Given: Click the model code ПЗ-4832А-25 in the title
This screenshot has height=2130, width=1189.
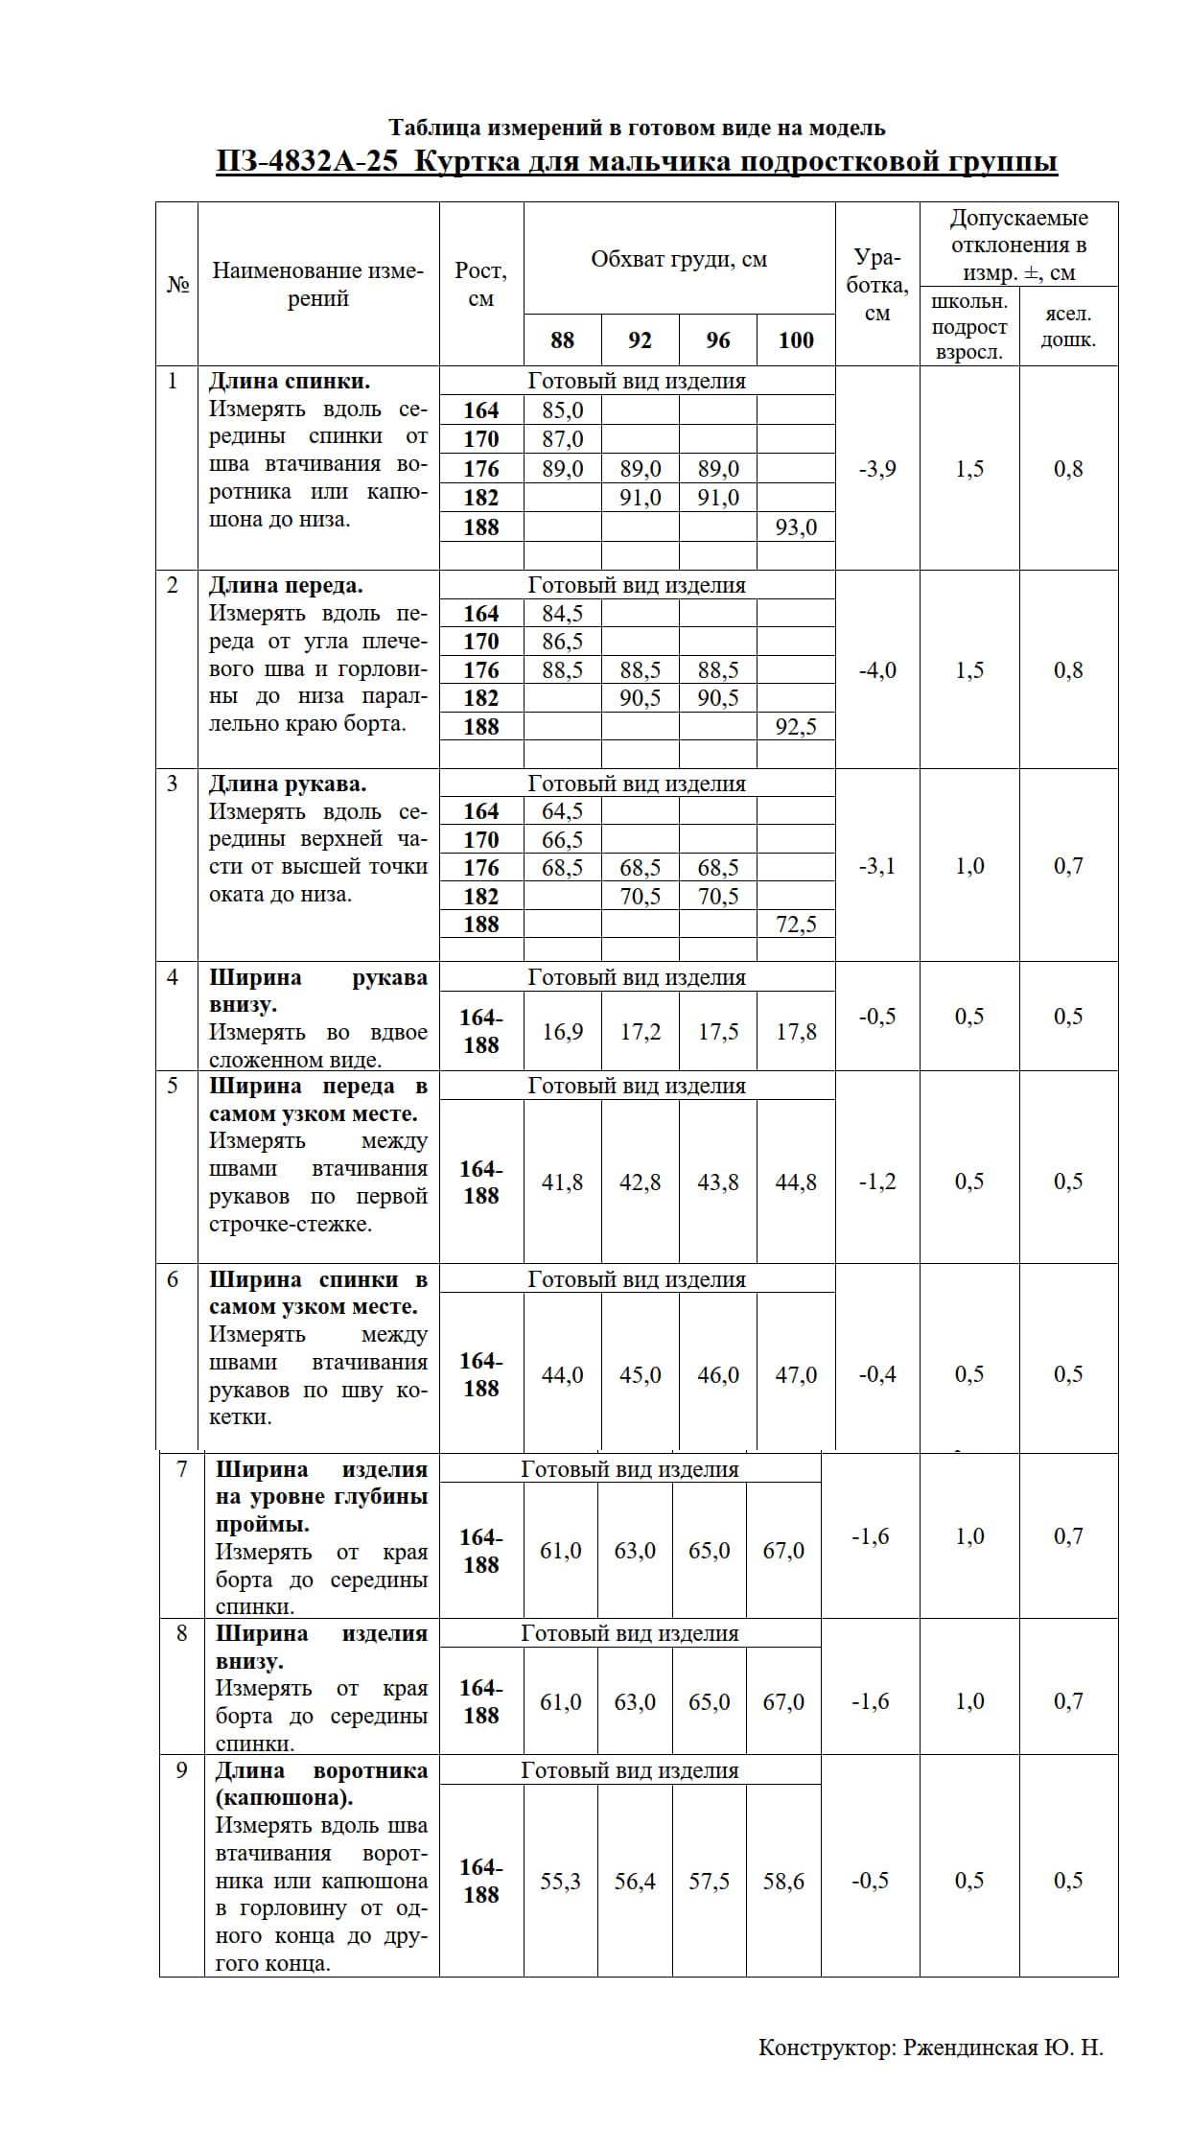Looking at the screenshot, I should tap(307, 161).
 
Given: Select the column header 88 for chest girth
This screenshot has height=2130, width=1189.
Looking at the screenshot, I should tap(562, 340).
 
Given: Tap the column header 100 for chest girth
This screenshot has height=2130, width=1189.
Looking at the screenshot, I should tap(796, 340).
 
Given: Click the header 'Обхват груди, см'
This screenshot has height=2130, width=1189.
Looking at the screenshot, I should tap(679, 260).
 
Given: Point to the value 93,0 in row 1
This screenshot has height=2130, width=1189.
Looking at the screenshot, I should tap(796, 527).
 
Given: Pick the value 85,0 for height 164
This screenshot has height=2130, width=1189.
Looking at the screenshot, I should tap(562, 410).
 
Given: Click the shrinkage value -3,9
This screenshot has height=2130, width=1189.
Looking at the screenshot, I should tap(877, 469).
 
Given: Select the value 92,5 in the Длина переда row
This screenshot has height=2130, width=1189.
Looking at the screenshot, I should tap(796, 727).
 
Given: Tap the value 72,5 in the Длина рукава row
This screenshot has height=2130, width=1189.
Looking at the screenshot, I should tap(796, 925).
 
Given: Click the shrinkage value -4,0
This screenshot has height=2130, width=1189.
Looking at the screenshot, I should tap(877, 670).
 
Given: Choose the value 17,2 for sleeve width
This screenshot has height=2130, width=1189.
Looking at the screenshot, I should tap(640, 1032).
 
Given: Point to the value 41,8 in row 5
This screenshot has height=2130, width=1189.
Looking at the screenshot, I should tap(562, 1182).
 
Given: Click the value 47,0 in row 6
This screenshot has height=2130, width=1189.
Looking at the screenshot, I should tap(796, 1375).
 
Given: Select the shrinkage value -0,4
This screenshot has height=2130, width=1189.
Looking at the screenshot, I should tap(877, 1375).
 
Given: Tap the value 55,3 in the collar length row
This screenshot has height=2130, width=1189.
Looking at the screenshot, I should tap(560, 1882).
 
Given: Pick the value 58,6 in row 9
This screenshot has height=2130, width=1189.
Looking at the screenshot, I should tap(783, 1882).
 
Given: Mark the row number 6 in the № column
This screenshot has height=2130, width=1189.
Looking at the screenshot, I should tap(173, 1279).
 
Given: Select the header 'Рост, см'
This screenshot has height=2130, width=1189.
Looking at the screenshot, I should tap(480, 284).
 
